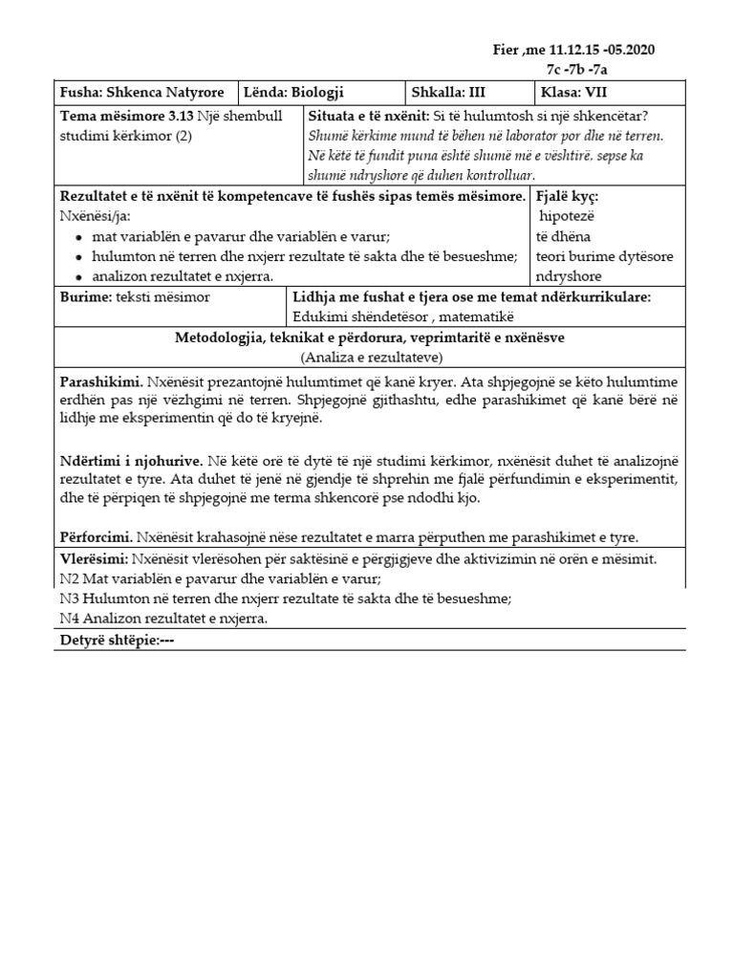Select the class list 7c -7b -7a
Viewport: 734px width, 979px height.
pyautogui.click(x=579, y=69)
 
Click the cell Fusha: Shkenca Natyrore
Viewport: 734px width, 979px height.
pyautogui.click(x=142, y=93)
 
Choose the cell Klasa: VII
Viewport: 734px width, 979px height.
pyautogui.click(x=575, y=93)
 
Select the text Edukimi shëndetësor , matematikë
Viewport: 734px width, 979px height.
pyautogui.click(x=404, y=316)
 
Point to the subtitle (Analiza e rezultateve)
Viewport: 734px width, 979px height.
pyautogui.click(x=370, y=357)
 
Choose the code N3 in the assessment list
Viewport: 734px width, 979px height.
pyautogui.click(x=69, y=598)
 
